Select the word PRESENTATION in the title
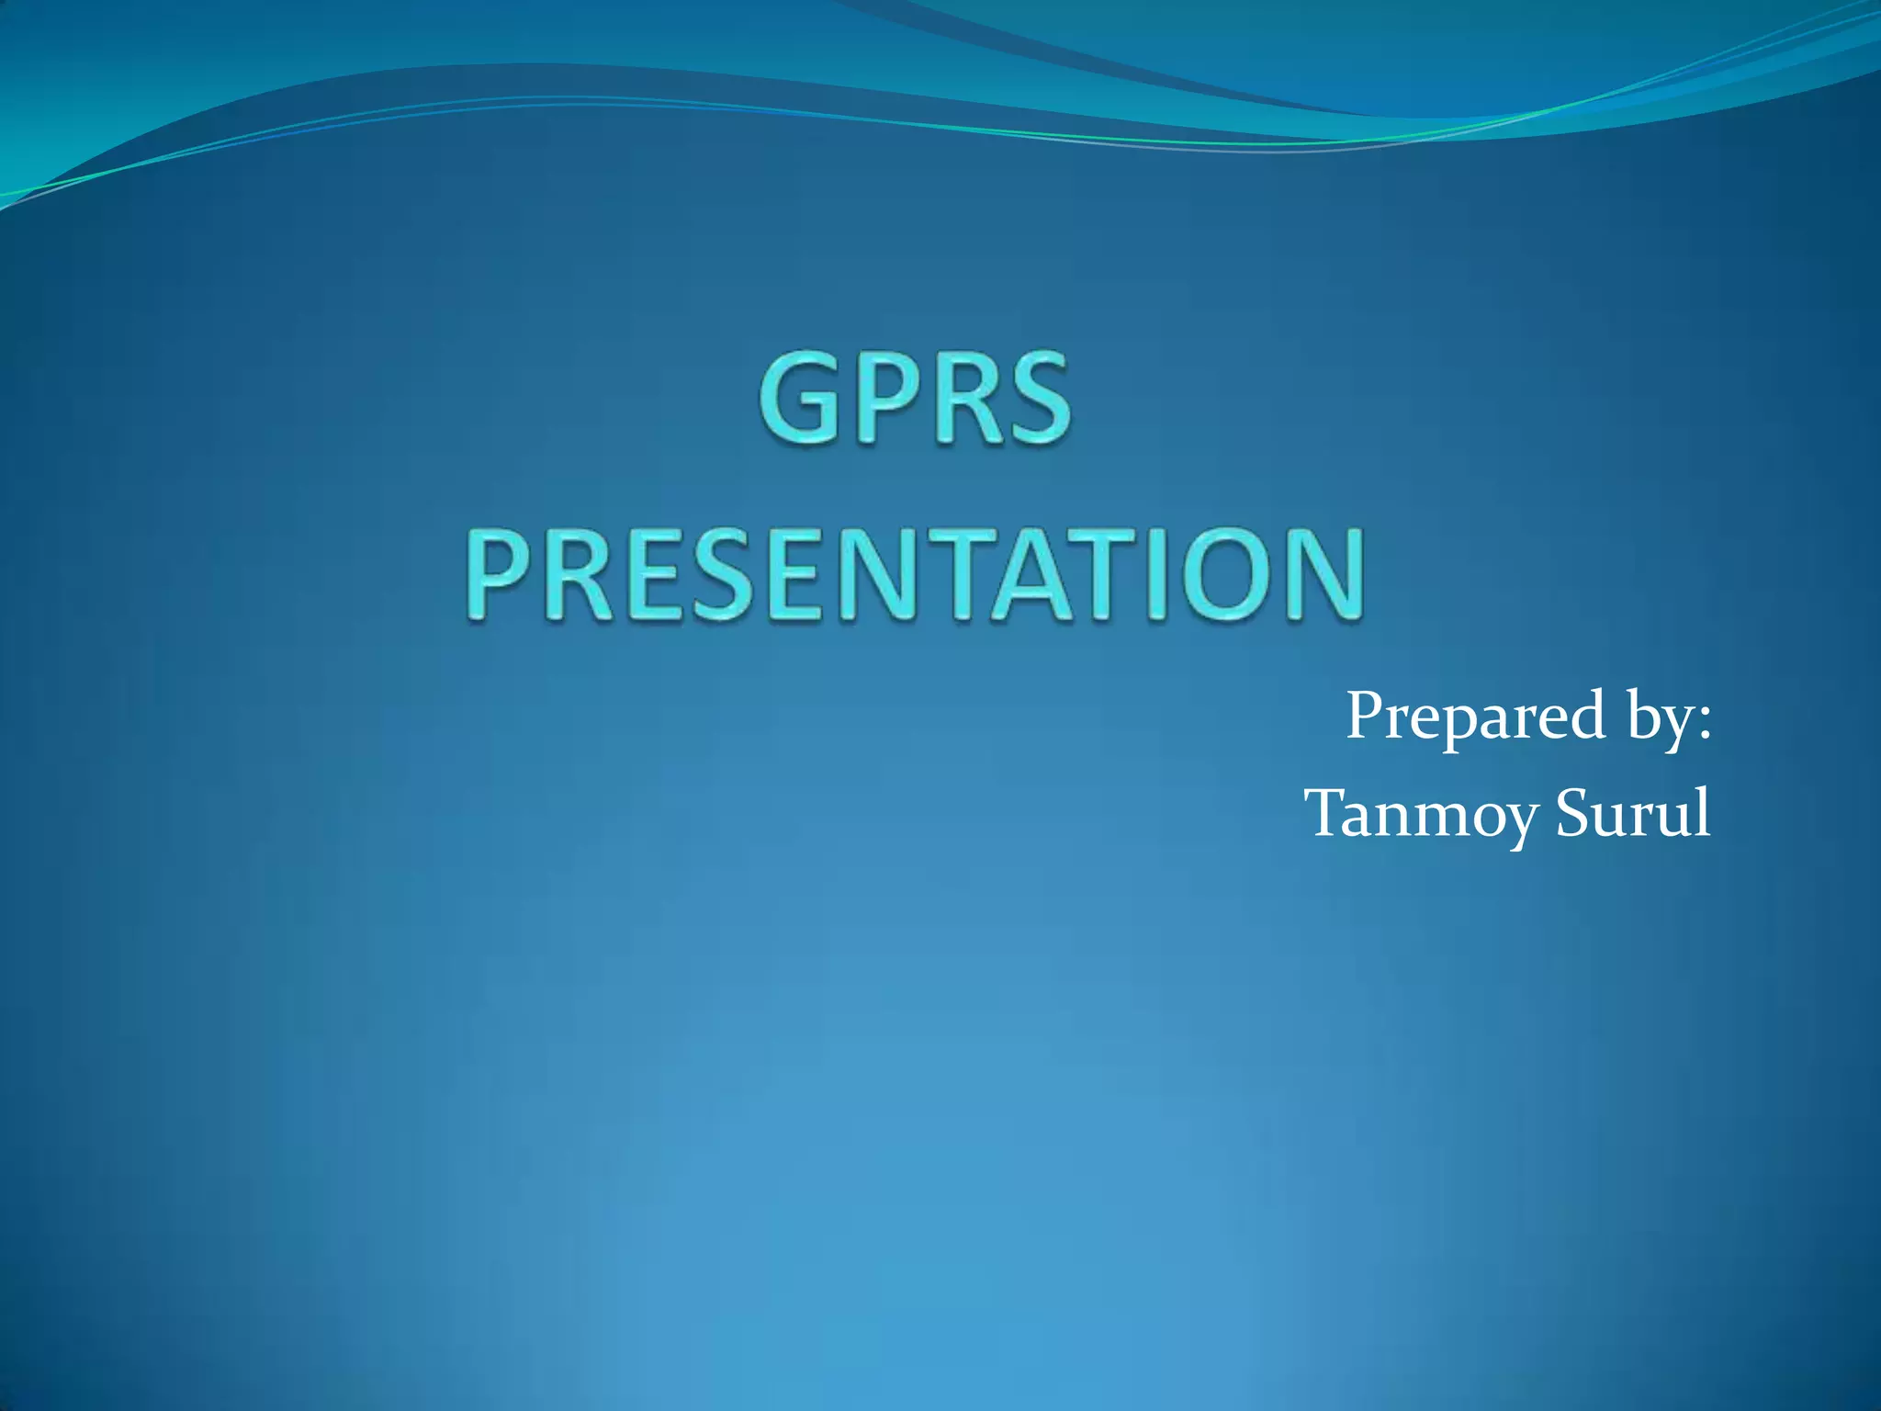(x=915, y=576)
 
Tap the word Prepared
(x=1475, y=717)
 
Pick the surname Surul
(x=1633, y=813)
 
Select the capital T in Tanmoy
(x=1329, y=813)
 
